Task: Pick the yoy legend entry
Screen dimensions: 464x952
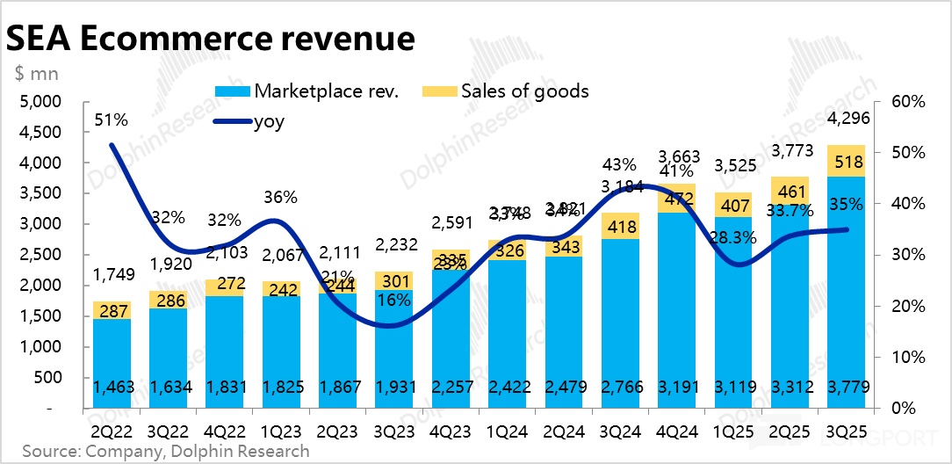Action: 268,121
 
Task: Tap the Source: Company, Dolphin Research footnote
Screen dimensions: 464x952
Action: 166,452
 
